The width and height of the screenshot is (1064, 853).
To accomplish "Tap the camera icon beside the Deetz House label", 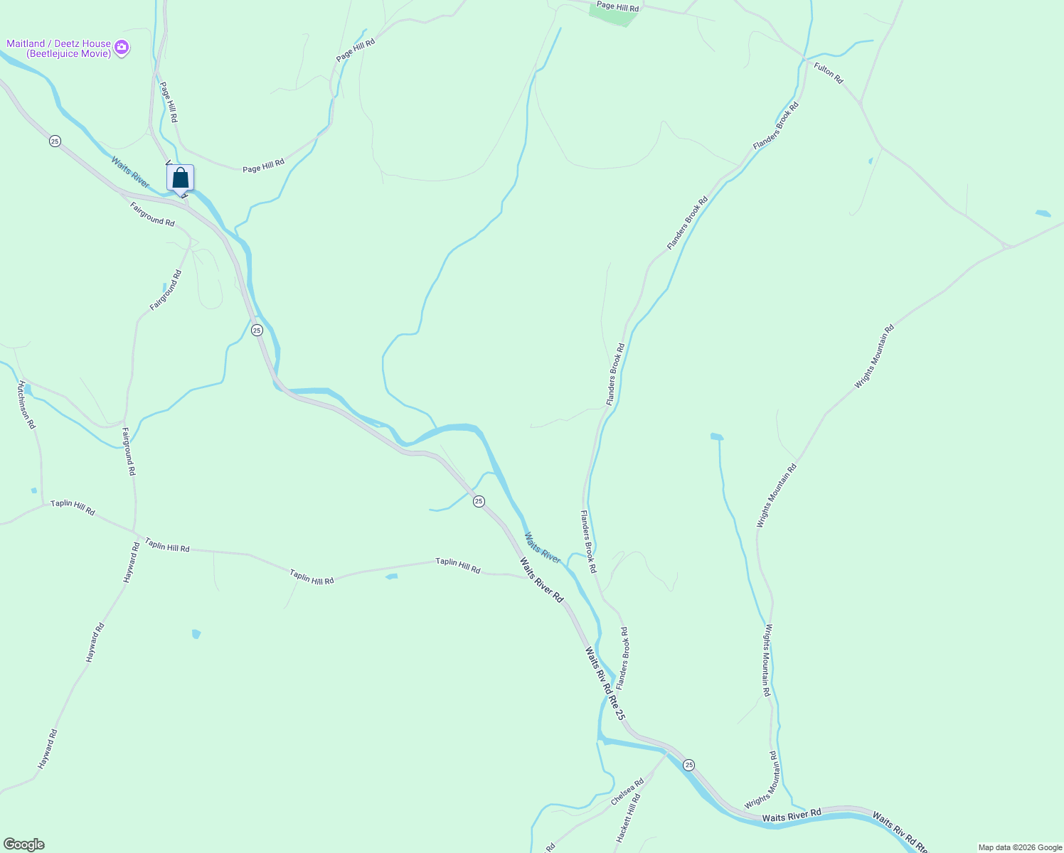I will point(122,48).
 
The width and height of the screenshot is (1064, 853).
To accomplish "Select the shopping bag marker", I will point(181,178).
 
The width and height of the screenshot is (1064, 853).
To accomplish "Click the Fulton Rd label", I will point(828,73).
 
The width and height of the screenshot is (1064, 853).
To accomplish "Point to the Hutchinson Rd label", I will point(26,404).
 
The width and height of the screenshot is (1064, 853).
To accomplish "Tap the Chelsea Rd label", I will point(627,792).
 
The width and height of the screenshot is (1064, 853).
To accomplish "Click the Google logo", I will point(23,844).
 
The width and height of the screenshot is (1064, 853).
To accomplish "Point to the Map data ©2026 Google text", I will point(1019,847).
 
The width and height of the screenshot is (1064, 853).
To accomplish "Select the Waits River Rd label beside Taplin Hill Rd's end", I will point(541,580).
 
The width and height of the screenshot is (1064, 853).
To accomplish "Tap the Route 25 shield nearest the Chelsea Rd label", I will point(688,765).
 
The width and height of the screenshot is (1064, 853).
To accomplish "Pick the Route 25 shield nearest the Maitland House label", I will point(55,141).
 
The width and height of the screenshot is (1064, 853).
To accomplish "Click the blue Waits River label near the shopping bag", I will point(130,173).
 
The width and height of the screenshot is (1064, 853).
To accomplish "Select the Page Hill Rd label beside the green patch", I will point(617,7).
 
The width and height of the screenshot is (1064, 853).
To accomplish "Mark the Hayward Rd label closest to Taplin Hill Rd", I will point(131,563).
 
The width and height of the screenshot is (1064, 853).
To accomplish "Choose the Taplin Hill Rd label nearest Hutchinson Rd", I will point(73,508).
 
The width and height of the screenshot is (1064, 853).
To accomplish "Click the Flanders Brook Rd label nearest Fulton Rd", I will point(776,126).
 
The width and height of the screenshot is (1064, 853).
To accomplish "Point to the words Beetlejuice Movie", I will point(68,54).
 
